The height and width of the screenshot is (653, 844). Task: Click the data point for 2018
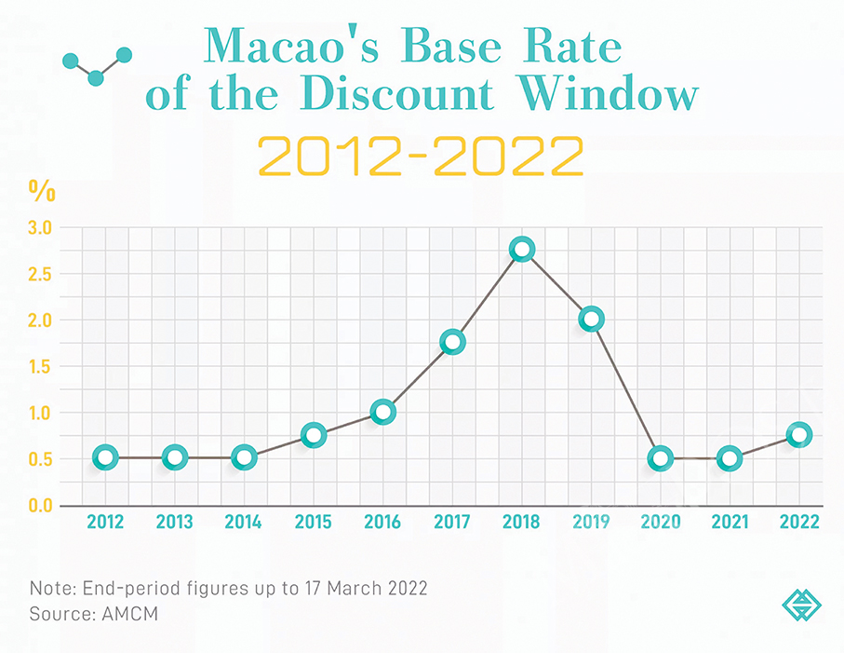coord(522,250)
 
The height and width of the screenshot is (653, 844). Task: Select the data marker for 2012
coord(106,457)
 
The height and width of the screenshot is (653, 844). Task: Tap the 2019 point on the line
coord(591,319)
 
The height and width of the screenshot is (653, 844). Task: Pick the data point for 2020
coord(660,458)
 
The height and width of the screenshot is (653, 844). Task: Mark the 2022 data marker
coord(797,434)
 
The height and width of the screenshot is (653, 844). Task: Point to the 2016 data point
coord(382,412)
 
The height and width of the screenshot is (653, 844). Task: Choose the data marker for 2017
coord(452,342)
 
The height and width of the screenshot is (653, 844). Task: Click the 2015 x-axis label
coord(313,523)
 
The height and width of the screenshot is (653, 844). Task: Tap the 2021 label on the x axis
coord(729,523)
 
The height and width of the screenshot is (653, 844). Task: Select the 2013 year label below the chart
coord(174,523)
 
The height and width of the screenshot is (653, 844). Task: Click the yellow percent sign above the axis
coord(42,192)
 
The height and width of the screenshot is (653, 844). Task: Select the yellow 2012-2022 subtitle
coord(421,156)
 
